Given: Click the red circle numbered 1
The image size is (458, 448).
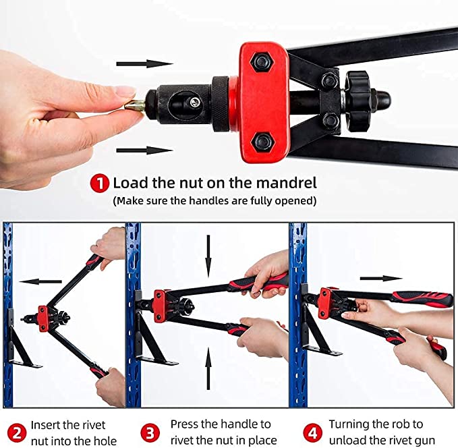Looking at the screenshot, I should point(101,183).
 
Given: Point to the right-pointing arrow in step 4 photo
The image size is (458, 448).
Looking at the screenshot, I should point(380,278).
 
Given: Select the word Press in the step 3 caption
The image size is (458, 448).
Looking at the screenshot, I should point(185,424).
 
